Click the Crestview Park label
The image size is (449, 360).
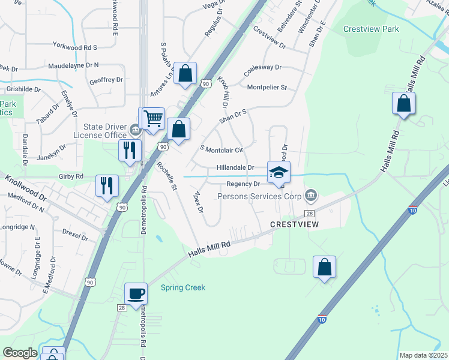(371, 29)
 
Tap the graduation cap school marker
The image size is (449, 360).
(279, 173)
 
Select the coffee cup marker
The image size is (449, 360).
(136, 294)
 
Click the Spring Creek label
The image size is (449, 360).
(183, 287)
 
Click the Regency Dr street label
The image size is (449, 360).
(243, 184)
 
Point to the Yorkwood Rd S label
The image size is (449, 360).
(75, 47)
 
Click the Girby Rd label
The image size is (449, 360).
(71, 176)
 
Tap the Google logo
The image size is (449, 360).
(20, 352)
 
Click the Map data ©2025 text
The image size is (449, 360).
(423, 355)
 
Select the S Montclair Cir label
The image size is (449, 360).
(221, 149)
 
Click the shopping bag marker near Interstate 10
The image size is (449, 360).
(324, 268)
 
